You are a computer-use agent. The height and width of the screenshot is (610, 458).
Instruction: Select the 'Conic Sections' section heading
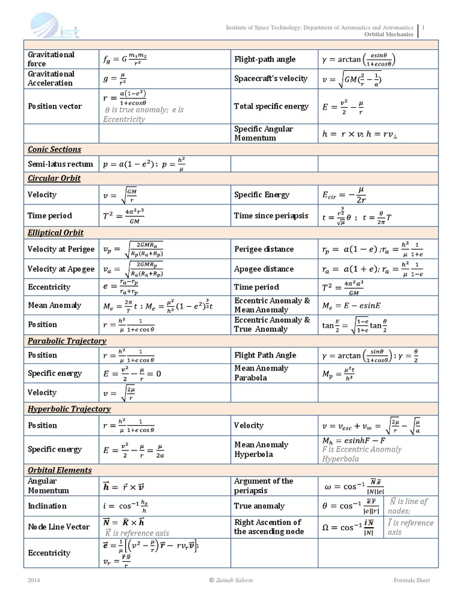click(54, 150)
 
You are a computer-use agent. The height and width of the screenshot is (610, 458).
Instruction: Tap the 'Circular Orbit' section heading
click(54, 178)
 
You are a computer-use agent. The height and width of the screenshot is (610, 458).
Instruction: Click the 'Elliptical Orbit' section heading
click(55, 232)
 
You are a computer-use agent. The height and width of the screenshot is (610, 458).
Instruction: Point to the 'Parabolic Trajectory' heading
click(67, 341)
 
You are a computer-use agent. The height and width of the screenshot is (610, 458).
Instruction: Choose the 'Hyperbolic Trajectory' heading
click(69, 409)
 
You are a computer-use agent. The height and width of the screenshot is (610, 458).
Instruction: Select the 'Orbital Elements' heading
click(60, 470)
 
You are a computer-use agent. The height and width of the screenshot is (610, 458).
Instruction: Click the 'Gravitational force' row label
click(51, 59)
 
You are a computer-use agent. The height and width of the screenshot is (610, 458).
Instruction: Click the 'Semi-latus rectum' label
click(60, 164)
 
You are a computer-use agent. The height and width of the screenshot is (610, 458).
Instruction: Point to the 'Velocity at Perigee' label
click(61, 249)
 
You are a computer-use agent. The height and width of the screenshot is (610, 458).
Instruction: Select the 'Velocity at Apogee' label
click(61, 269)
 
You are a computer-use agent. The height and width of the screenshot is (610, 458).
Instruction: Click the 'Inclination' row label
click(47, 506)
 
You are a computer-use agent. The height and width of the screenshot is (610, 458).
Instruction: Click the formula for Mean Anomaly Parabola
click(338, 374)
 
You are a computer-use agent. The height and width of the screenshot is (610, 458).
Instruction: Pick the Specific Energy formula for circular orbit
click(343, 195)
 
